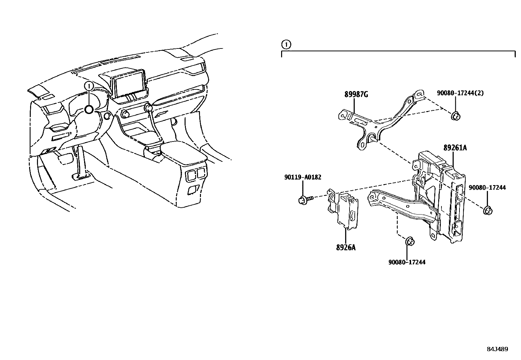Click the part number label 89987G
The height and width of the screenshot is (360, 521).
point(356,95)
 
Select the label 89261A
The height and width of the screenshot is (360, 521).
point(455,148)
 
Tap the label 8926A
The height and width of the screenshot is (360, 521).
point(346,248)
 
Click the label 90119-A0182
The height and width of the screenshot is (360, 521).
point(302,178)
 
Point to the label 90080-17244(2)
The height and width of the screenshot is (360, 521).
point(460,93)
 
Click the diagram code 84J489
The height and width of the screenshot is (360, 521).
point(497,349)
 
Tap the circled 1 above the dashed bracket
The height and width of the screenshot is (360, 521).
point(286,44)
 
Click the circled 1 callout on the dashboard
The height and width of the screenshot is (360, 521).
point(89,86)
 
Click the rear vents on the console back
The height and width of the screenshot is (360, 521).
point(196,174)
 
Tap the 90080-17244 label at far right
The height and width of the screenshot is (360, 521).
point(487,188)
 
